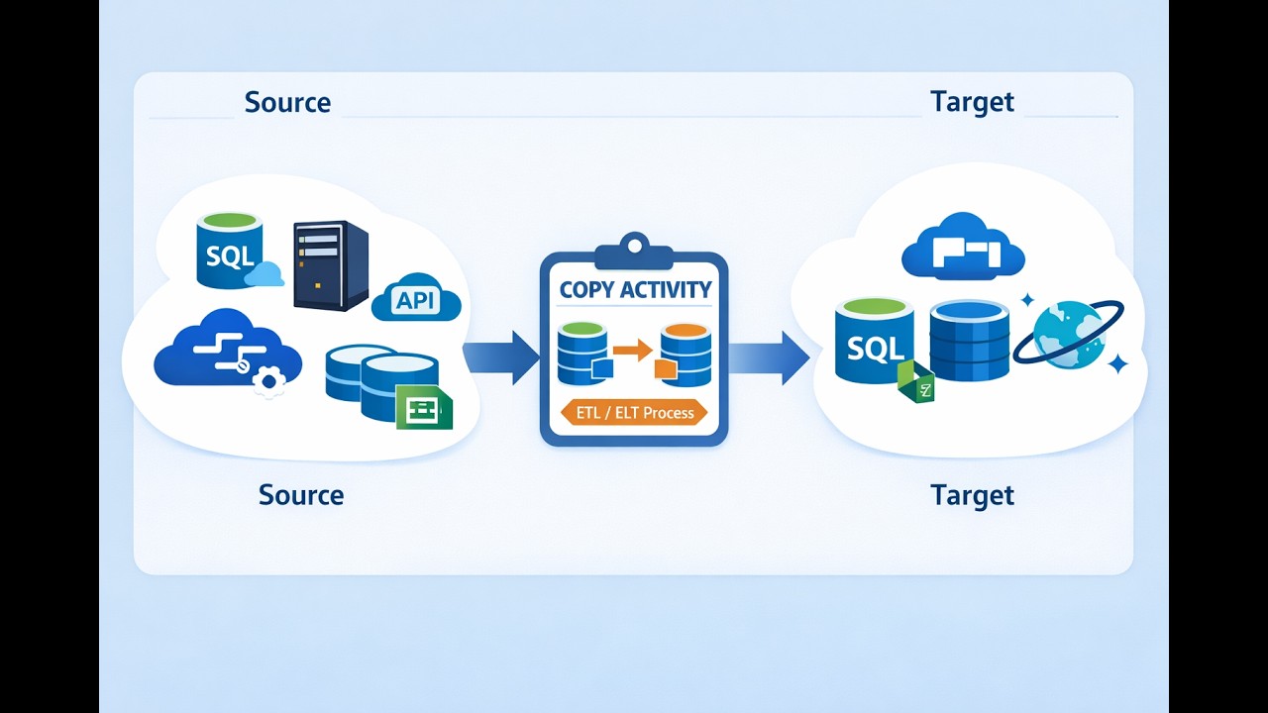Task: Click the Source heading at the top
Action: tap(287, 102)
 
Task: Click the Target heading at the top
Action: tap(972, 102)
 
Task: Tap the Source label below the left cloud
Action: tap(301, 495)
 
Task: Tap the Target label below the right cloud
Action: tap(972, 495)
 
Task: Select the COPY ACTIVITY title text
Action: tap(635, 290)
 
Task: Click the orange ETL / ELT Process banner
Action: tap(635, 413)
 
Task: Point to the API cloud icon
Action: tap(416, 299)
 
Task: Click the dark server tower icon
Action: tap(330, 265)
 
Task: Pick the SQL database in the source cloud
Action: tap(230, 254)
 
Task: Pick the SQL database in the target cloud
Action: tap(875, 342)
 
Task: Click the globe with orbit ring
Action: tap(1071, 334)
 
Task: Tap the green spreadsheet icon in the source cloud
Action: tap(424, 407)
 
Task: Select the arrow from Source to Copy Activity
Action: tap(500, 357)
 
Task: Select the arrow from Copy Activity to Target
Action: tap(769, 357)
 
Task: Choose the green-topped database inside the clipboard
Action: tap(582, 353)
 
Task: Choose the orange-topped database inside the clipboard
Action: tap(686, 354)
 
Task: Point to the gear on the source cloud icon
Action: tap(267, 380)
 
